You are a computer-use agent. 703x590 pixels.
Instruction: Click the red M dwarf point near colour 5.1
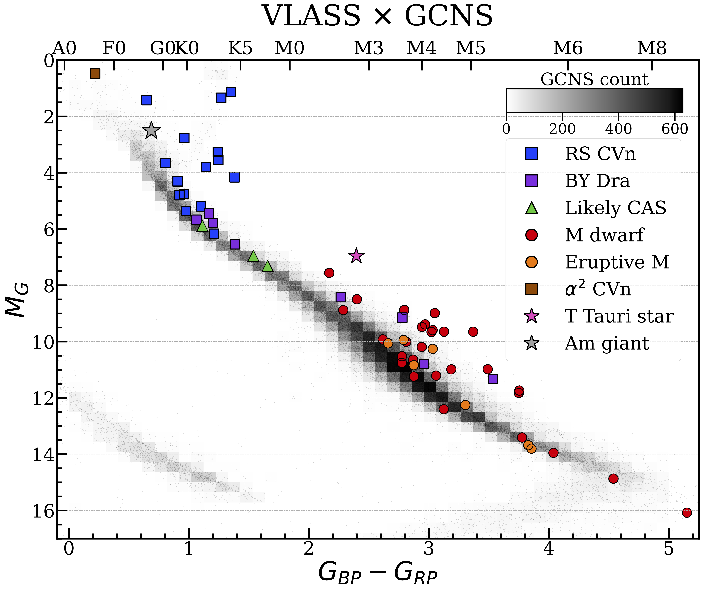[x=687, y=512]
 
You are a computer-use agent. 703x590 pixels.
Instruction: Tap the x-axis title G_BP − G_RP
[x=378, y=573]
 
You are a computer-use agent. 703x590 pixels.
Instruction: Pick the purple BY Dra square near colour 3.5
[x=493, y=379]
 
